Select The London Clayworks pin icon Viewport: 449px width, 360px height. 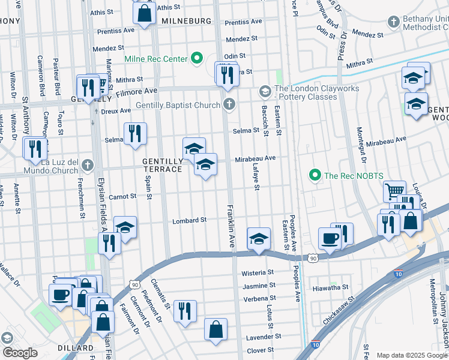pos(265,91)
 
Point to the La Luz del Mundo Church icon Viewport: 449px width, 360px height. pos(88,164)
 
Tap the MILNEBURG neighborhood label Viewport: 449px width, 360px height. pos(186,20)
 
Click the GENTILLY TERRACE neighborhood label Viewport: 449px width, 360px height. pos(162,166)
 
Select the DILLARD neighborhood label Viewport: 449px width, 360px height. pos(76,348)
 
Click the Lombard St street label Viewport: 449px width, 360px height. pos(190,220)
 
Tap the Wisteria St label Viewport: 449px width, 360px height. pos(258,273)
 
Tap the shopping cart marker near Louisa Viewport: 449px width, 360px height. pos(394,191)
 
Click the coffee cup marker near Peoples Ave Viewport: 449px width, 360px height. pos(330,238)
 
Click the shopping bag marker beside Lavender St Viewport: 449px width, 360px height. pos(215,329)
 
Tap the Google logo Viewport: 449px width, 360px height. pos(19,353)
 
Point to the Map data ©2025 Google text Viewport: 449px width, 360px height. pos(412,355)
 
